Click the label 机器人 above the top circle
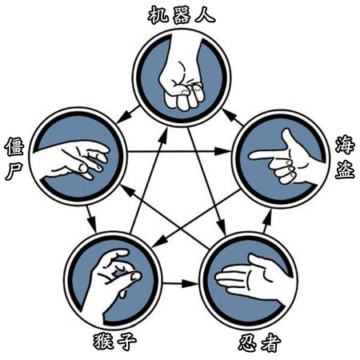click(182, 15)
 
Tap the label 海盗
click(345, 157)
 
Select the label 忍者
click(259, 342)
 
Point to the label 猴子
click(115, 342)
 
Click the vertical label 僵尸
click(14, 158)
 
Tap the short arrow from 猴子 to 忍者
click(181, 284)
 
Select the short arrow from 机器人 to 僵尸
click(128, 115)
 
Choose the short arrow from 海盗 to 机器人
click(232, 117)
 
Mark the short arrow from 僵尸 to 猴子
click(91, 218)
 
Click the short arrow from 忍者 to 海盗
click(267, 221)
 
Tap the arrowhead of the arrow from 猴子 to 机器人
click(164, 134)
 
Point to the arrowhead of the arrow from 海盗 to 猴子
click(158, 243)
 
